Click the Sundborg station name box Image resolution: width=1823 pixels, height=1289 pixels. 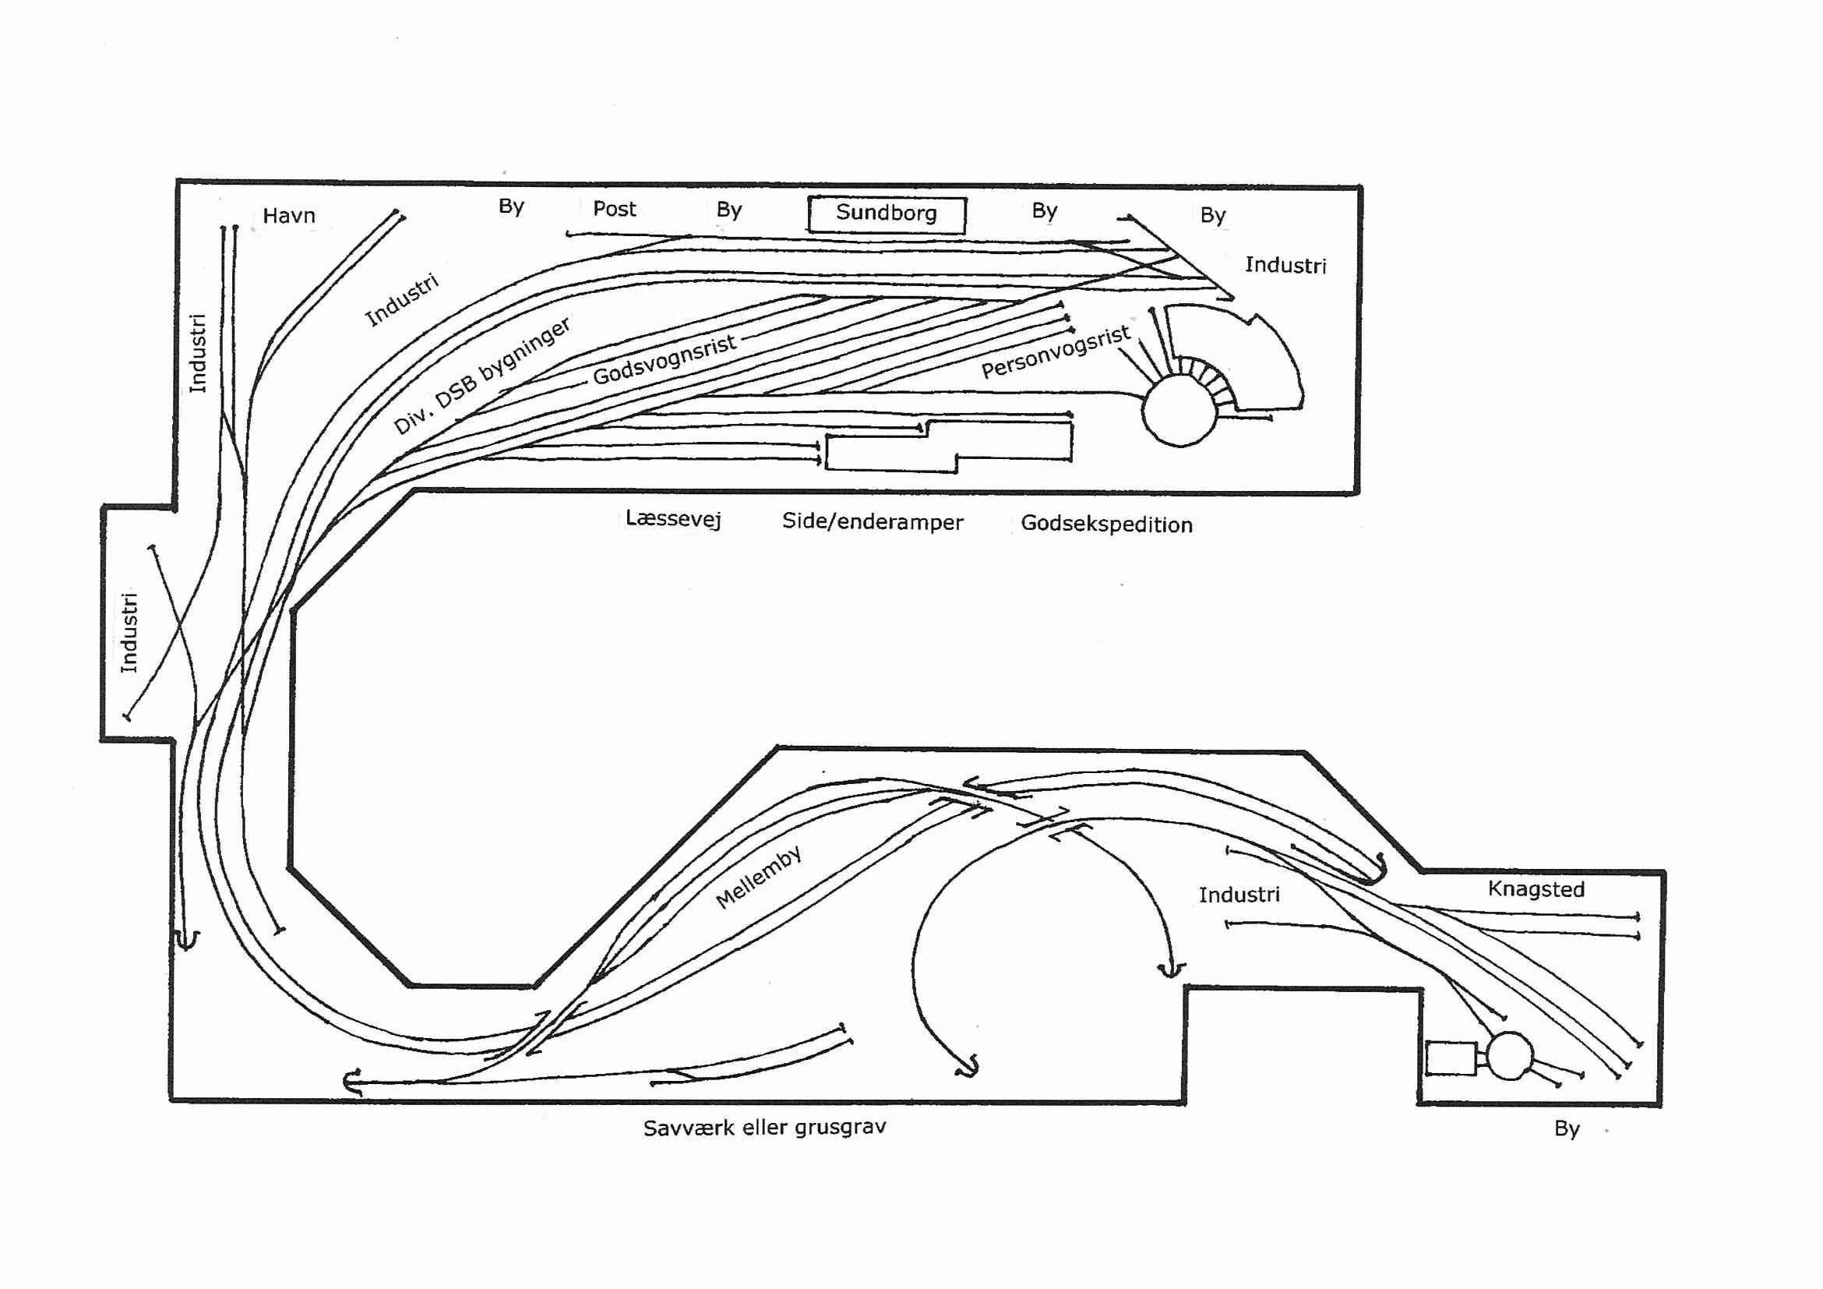[x=886, y=214]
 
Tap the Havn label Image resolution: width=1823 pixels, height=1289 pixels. [x=289, y=215]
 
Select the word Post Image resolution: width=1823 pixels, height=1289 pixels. [x=615, y=209]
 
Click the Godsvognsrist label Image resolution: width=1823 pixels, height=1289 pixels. [x=665, y=360]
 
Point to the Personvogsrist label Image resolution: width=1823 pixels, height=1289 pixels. [x=1055, y=351]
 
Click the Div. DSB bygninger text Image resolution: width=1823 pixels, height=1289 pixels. [x=482, y=376]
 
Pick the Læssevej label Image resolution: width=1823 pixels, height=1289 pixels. [x=673, y=518]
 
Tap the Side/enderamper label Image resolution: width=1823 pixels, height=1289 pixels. [x=873, y=522]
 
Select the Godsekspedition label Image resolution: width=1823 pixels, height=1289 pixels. [x=1107, y=524]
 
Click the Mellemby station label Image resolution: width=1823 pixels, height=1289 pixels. [x=758, y=877]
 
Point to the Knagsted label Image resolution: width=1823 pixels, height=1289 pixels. [x=1536, y=888]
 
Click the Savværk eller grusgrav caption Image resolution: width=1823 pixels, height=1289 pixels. [x=764, y=1128]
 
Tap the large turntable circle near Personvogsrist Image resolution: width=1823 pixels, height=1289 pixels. [x=1179, y=410]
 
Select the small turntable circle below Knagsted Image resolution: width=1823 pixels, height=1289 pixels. [x=1509, y=1055]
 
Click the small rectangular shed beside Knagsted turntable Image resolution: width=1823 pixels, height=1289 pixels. [x=1451, y=1058]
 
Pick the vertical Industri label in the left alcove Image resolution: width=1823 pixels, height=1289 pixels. [x=129, y=632]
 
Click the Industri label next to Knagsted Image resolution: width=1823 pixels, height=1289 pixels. [x=1239, y=895]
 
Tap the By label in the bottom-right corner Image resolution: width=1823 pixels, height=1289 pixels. [x=1567, y=1129]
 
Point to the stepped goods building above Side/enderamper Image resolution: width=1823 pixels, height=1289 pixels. [x=949, y=447]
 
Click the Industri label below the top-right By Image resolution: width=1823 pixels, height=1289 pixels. [x=1285, y=265]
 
